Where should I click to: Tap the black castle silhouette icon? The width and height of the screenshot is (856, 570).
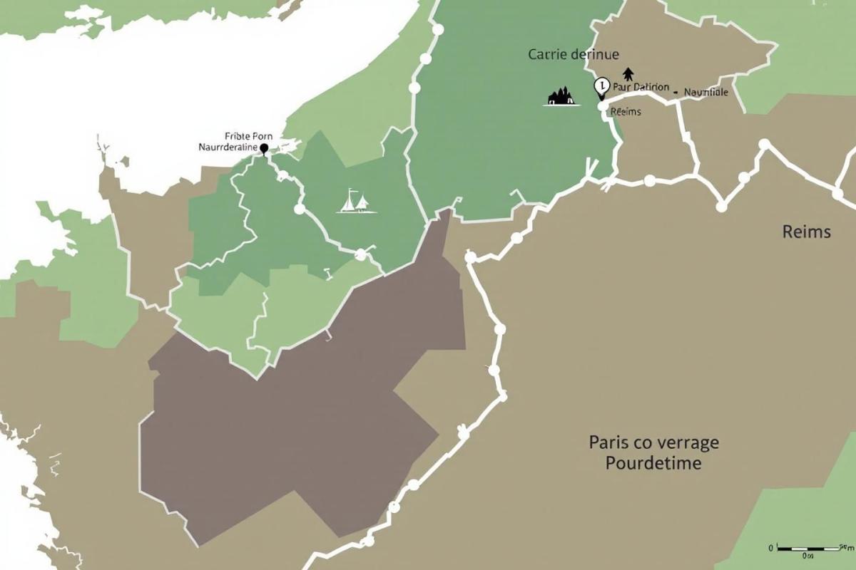tap(561, 97)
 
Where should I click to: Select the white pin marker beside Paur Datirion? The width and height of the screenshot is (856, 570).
tap(601, 87)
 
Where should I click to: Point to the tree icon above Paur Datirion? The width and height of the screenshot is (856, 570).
tap(628, 73)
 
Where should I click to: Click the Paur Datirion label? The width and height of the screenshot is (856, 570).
tap(640, 88)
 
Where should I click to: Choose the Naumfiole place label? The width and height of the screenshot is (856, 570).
tap(705, 92)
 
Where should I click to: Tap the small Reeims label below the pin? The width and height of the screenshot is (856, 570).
tap(626, 112)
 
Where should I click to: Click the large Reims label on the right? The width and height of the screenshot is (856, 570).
tap(806, 232)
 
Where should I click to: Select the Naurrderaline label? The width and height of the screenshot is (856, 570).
tap(228, 147)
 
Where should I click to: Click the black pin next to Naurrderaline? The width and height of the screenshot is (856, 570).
tap(264, 148)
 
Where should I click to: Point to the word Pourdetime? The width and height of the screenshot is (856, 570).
tap(653, 463)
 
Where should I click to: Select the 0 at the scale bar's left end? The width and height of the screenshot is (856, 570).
tap(771, 548)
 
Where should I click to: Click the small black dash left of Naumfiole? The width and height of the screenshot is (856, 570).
tap(676, 92)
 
